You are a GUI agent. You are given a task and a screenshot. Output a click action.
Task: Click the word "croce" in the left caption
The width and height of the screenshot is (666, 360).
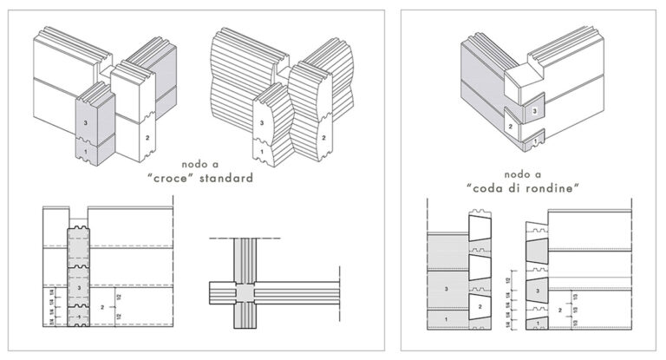(180, 180)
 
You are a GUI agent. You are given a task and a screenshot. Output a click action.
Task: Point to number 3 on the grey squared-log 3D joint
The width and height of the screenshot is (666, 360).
(87, 123)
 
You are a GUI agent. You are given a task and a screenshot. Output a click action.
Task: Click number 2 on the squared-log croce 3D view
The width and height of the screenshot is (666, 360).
(147, 138)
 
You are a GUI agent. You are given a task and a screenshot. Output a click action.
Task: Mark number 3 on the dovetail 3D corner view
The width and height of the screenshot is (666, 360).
(535, 111)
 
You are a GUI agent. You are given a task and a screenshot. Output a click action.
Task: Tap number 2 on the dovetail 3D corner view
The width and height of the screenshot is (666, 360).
(511, 127)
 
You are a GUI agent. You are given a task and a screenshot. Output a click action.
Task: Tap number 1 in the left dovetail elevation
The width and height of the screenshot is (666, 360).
(447, 321)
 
